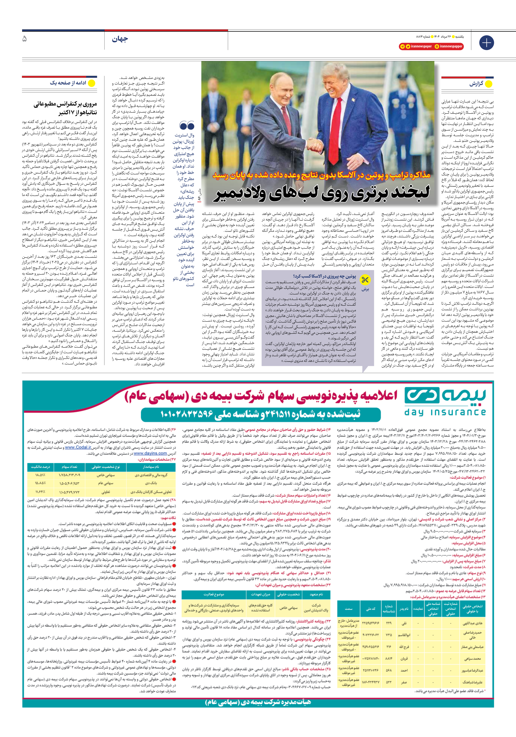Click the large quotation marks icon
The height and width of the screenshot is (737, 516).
click(x=187, y=125)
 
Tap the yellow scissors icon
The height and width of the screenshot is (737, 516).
click(x=365, y=280)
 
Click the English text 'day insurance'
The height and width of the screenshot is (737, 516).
click(x=445, y=413)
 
